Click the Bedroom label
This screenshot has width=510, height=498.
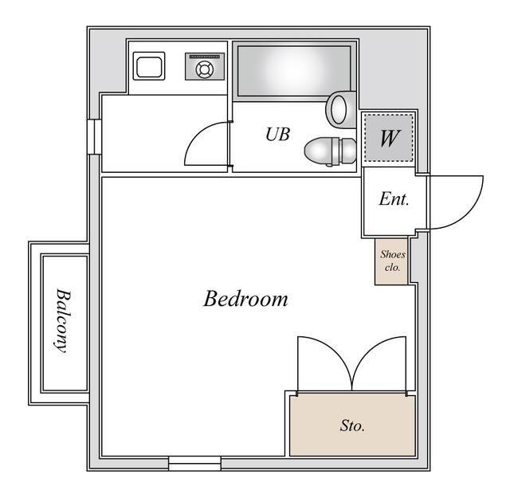(246, 299)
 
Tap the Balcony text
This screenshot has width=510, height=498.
(62, 321)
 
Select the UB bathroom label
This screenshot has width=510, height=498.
(277, 134)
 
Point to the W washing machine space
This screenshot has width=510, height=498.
(389, 138)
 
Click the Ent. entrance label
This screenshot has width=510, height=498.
(394, 198)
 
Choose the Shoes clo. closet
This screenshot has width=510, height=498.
(391, 262)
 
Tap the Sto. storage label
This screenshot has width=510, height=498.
(352, 425)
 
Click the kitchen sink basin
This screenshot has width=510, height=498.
(149, 66)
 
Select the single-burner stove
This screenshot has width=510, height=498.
(205, 66)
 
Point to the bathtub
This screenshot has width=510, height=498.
(294, 71)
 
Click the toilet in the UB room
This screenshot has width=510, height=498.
(330, 151)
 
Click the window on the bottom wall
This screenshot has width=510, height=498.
(194, 463)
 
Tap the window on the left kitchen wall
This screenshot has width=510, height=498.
(95, 136)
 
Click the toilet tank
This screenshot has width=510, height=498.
(348, 151)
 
